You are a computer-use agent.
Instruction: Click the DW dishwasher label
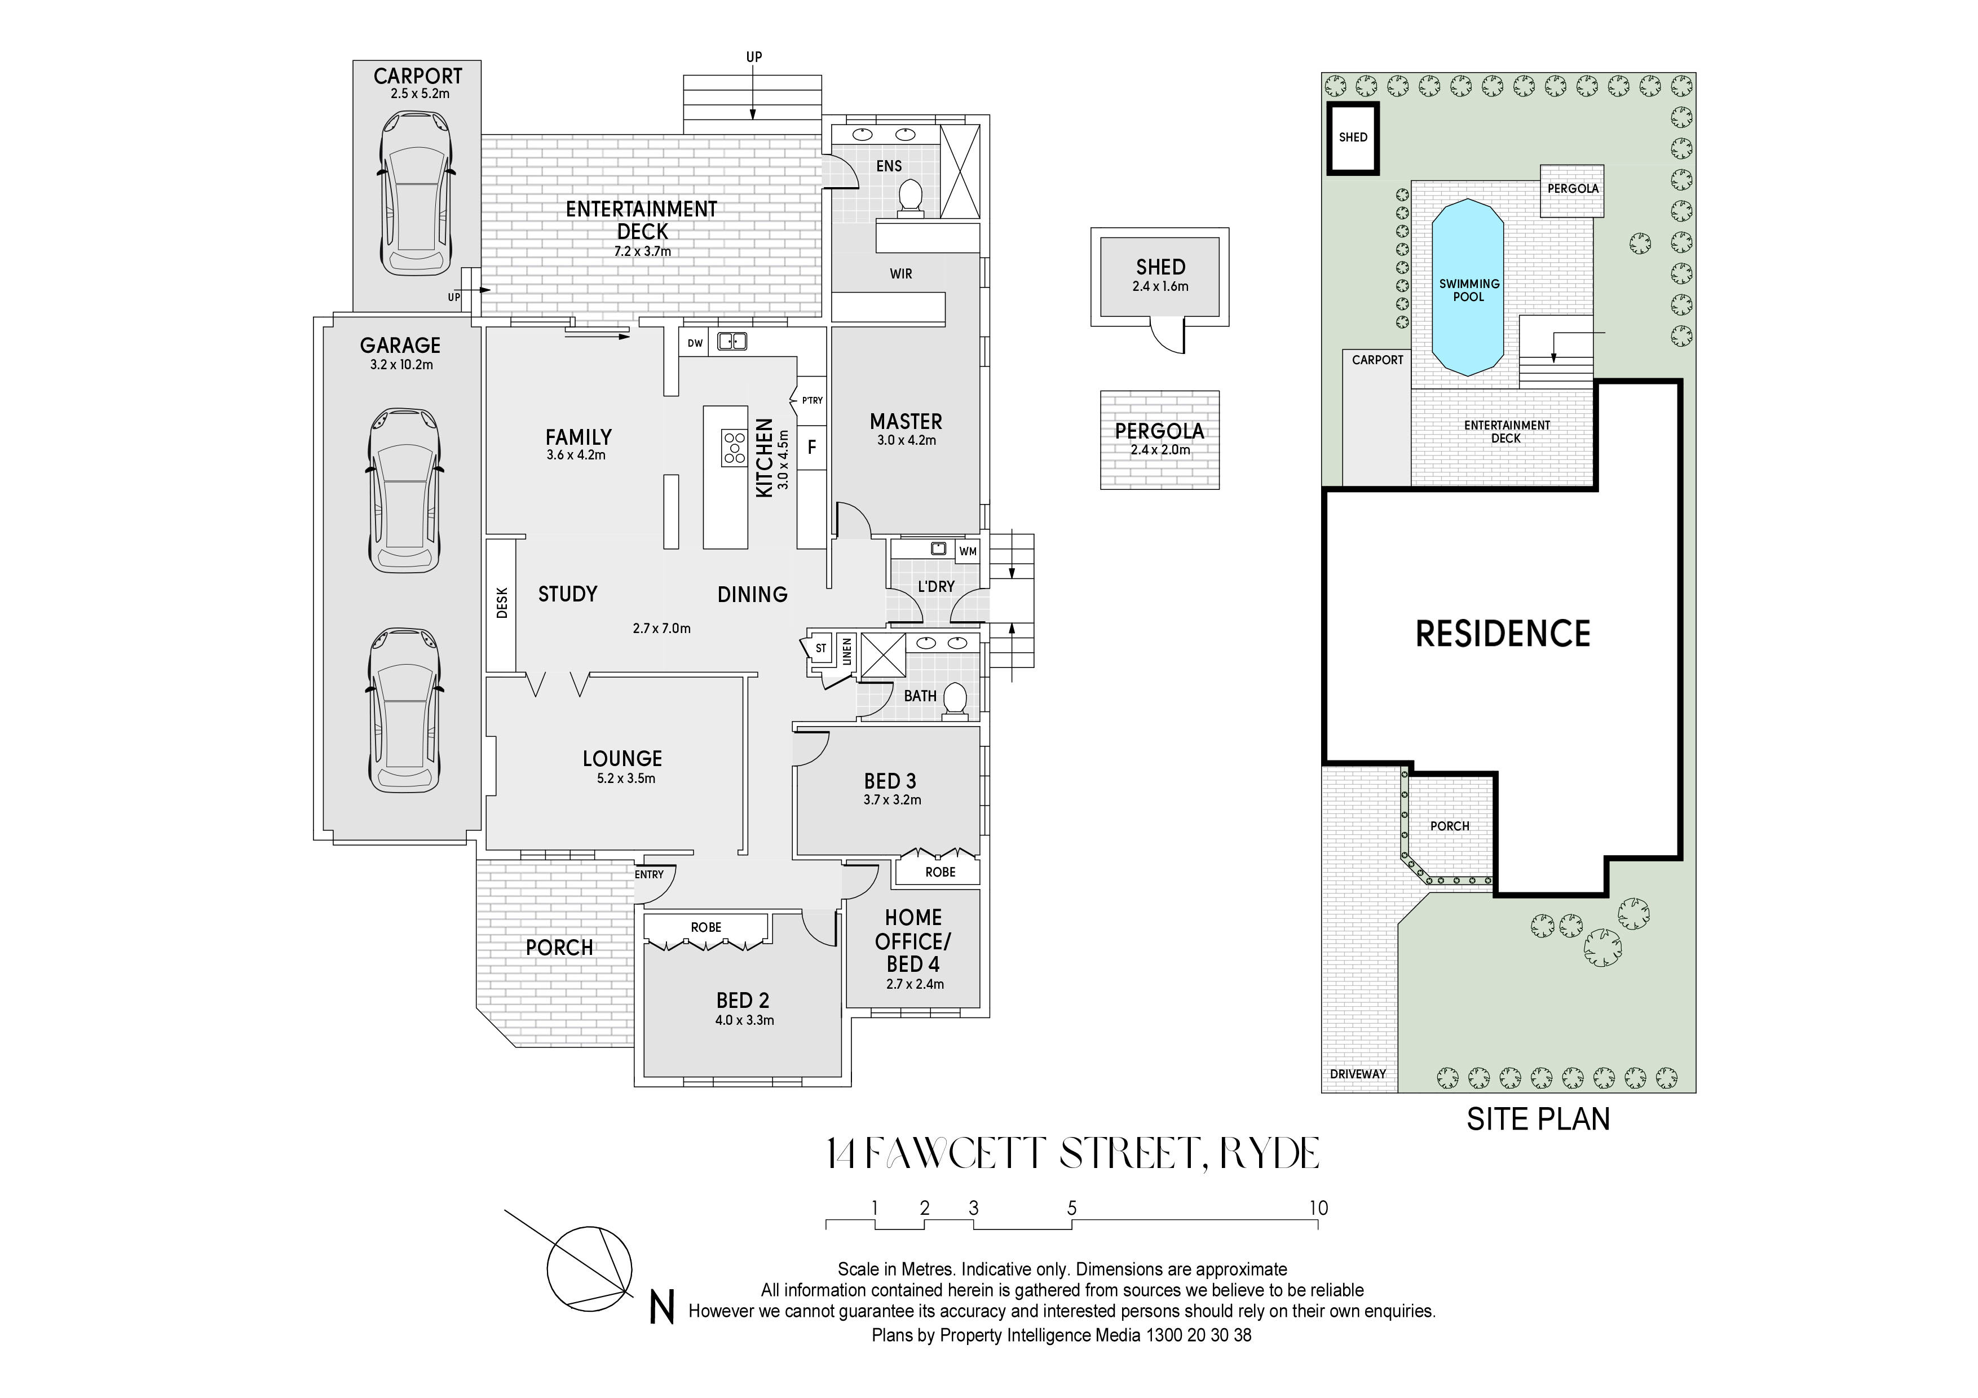click(x=694, y=343)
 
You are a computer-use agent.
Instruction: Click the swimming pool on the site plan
click(x=1468, y=289)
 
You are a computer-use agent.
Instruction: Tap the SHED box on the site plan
click(x=1353, y=138)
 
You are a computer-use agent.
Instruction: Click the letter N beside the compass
click(x=661, y=1308)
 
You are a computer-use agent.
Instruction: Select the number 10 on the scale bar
click(x=1318, y=1207)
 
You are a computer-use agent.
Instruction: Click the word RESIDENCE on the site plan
click(x=1503, y=634)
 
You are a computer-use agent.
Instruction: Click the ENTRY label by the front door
click(x=648, y=874)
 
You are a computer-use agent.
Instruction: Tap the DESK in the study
click(x=501, y=603)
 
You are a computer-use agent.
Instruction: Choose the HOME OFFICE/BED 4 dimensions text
click(x=914, y=984)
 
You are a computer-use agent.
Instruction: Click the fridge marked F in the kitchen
click(x=811, y=448)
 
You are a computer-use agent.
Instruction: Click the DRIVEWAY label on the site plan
click(x=1358, y=1074)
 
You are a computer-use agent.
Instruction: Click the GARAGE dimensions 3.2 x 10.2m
click(x=401, y=364)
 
